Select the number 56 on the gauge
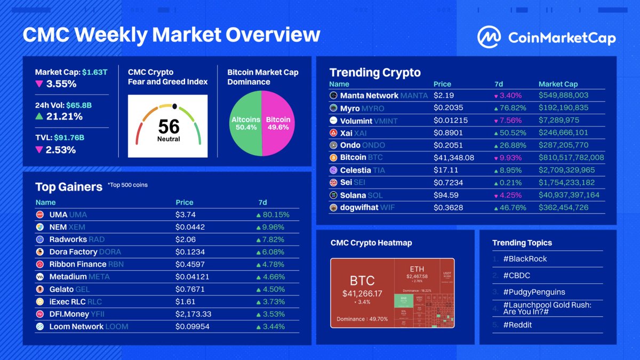169,126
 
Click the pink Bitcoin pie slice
278,124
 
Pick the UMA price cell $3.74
186,214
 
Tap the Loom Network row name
76,326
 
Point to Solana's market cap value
569,195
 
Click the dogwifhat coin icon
333,207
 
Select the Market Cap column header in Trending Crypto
558,84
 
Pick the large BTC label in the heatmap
362,281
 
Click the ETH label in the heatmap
417,268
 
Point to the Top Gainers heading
69,187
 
